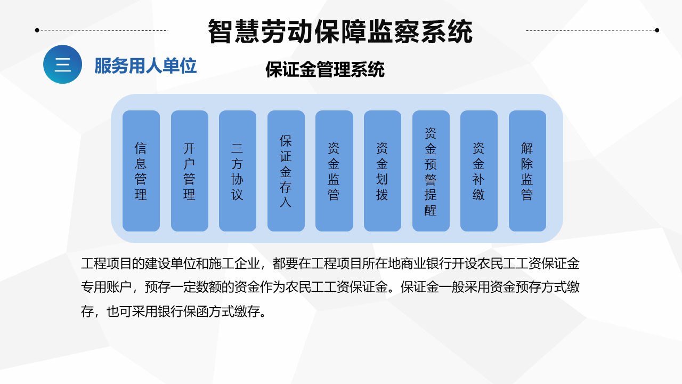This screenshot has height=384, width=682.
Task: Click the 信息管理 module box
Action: pos(141,171)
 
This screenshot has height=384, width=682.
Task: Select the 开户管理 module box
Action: pos(189,171)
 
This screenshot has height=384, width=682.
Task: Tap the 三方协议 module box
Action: pos(238,171)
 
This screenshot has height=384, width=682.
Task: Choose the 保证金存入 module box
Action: pos(286,171)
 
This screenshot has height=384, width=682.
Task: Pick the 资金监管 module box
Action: pos(334,171)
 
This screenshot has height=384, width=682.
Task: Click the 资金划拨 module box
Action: pos(383,171)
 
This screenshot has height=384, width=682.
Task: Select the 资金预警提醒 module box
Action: pos(431,171)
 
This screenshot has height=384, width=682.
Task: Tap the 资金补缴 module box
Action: pos(479,171)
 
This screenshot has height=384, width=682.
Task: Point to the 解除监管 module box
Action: pos(527,171)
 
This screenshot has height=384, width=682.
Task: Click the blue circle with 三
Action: pos(62,65)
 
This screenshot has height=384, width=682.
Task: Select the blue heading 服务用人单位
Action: pos(145,66)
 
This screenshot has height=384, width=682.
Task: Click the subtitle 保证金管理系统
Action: pos(325,69)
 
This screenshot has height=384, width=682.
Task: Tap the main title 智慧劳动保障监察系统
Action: pos(340,31)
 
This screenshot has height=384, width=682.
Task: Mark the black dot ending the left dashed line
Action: pos(37,30)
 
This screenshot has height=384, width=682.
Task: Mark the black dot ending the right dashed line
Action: pos(657,30)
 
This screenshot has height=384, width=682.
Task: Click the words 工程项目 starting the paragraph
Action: pos(107,263)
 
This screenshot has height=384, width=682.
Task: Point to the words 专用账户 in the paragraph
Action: pos(107,287)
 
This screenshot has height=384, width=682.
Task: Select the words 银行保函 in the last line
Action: pos(183,311)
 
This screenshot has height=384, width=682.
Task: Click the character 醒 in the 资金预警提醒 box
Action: pos(431,210)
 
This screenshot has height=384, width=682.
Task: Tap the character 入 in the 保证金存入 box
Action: pos(286,202)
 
